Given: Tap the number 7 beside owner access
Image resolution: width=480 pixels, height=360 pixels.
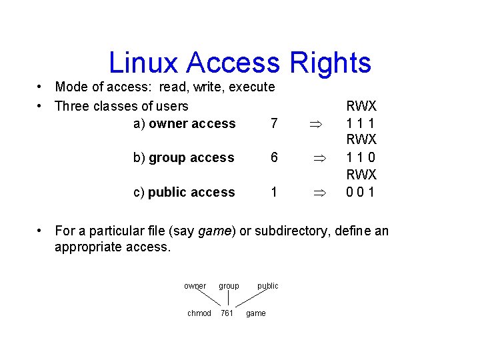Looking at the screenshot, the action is (x=273, y=123).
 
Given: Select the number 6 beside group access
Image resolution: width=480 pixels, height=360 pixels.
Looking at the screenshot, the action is (x=273, y=158).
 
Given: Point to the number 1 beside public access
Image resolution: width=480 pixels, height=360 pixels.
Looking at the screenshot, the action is (x=273, y=193).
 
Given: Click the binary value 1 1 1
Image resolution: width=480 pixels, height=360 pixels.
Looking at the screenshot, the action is (x=361, y=123).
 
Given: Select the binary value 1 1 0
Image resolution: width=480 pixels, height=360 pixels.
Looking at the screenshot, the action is (x=361, y=158).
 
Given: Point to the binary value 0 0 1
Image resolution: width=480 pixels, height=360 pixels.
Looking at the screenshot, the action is (x=361, y=193).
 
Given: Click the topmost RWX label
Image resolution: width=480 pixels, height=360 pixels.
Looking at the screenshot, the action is (x=361, y=106).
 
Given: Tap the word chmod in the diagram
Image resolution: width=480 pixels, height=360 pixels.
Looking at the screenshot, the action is (x=199, y=313).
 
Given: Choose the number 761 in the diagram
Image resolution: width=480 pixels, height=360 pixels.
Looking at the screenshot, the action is (x=227, y=313).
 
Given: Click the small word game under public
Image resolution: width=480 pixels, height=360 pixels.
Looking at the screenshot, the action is (x=256, y=313).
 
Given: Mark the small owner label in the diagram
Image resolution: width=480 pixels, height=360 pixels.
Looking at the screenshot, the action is (x=195, y=286).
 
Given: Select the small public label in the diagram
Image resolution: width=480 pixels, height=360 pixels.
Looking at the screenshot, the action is (x=268, y=286).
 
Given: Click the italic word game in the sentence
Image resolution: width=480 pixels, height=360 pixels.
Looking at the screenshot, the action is (x=213, y=231).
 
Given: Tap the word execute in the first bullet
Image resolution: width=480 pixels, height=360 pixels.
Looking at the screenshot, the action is (x=252, y=87).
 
